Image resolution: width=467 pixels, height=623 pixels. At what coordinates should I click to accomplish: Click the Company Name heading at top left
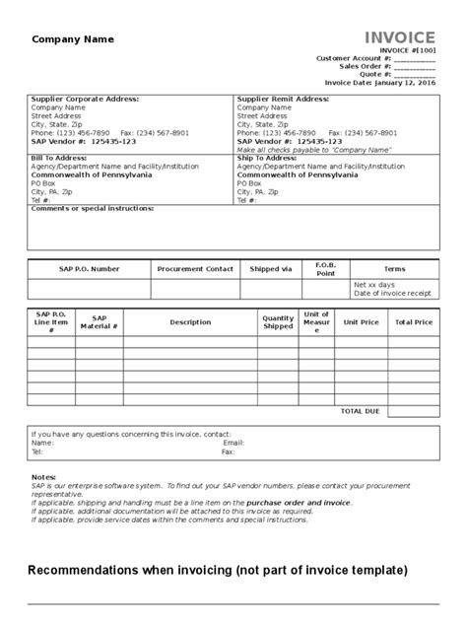tap(74, 39)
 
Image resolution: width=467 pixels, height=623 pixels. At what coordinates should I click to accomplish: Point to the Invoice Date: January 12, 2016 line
tap(379, 83)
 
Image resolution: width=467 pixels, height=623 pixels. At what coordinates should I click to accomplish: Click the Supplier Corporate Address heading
tap(85, 100)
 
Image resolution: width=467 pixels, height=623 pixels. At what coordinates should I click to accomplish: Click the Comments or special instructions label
tap(93, 209)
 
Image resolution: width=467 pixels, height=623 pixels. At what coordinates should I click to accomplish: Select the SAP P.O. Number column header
tap(90, 268)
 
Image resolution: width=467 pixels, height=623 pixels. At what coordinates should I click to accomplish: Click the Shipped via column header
tap(271, 268)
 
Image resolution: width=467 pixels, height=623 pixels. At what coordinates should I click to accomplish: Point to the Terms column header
tap(394, 268)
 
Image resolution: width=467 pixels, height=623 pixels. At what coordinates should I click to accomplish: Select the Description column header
tap(190, 322)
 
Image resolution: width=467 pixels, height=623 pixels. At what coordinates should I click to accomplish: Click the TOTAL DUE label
tap(359, 410)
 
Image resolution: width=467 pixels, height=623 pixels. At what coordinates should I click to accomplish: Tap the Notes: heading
tap(44, 476)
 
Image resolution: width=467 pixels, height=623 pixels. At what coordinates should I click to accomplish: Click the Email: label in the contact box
tap(233, 443)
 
